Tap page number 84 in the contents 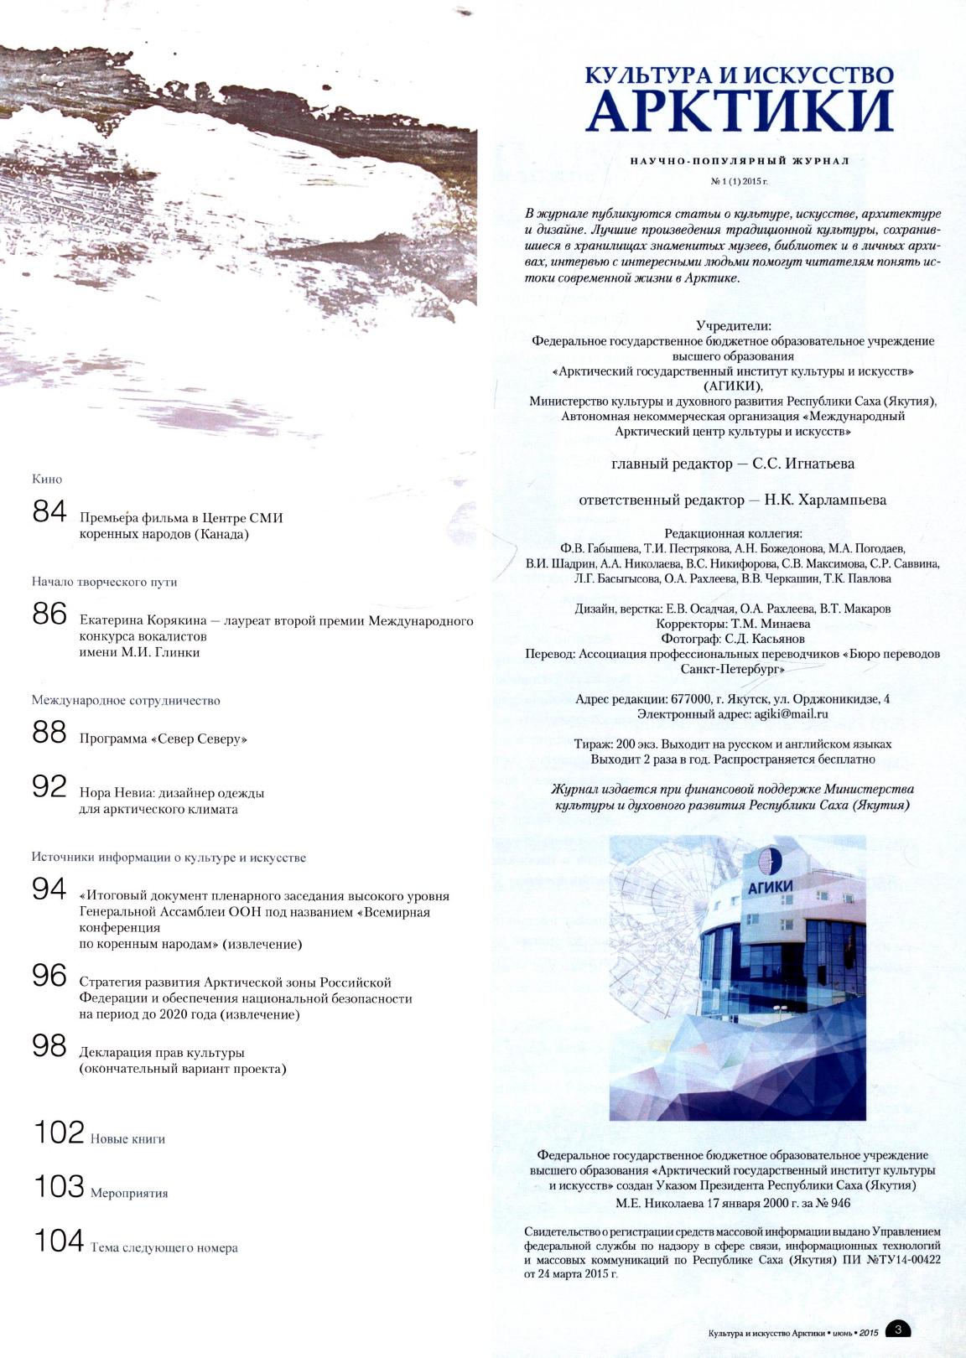pos(49,511)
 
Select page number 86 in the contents pos(49,614)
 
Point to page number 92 pos(49,786)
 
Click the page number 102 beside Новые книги pos(59,1133)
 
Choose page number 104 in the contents pos(59,1241)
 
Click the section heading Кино pos(47,479)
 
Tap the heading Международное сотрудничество pos(126,700)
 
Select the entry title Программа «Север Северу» pos(164,739)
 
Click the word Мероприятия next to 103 pos(129,1193)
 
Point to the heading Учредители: pos(733,325)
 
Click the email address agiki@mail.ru pos(792,714)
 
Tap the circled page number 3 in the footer pos(898,1329)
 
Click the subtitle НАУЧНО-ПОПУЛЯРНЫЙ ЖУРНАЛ pos(740,160)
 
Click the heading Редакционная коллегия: pos(733,533)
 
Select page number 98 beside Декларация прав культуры pos(49,1045)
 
